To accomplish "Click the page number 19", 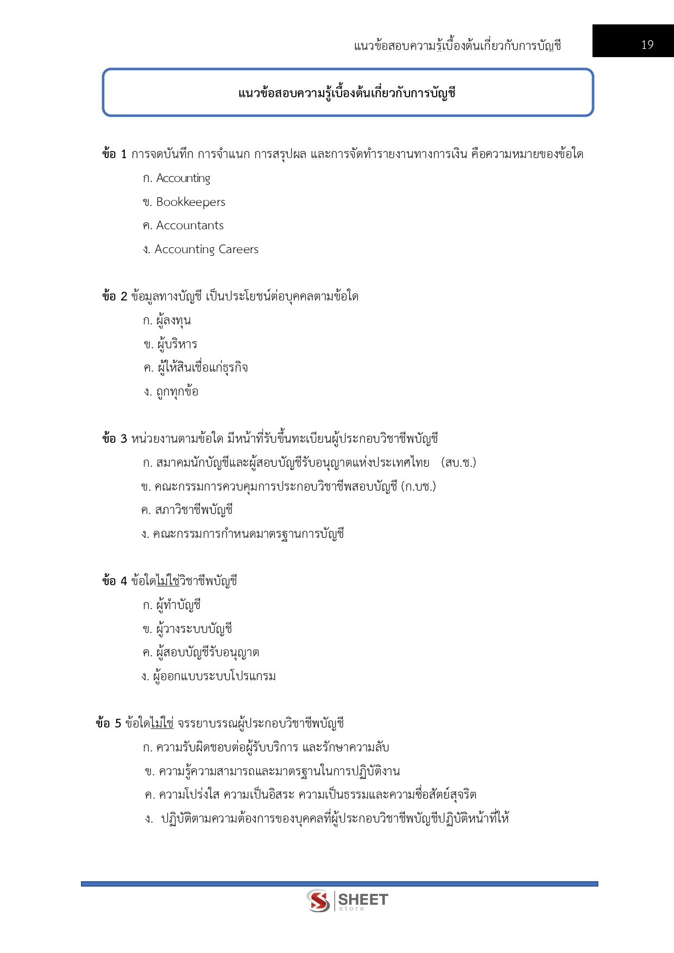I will pyautogui.click(x=647, y=45).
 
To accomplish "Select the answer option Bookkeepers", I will pyautogui.click(x=190, y=202).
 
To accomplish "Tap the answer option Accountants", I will pyautogui.click(x=190, y=225).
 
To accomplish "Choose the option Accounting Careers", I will pyautogui.click(x=206, y=249).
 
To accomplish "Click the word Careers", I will pyautogui.click(x=238, y=249).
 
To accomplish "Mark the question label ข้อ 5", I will pyautogui.click(x=108, y=724).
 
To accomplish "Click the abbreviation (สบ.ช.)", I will pyautogui.click(x=459, y=463).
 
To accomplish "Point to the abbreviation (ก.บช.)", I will pyautogui.click(x=419, y=486).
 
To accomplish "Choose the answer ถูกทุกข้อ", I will pyautogui.click(x=177, y=392).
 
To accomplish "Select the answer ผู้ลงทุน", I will pyautogui.click(x=173, y=321).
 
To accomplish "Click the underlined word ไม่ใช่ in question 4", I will pyautogui.click(x=168, y=581).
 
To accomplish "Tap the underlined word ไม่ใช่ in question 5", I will pyautogui.click(x=162, y=724).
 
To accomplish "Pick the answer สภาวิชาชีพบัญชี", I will pyautogui.click(x=194, y=510).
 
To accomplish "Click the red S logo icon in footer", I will pyautogui.click(x=318, y=900).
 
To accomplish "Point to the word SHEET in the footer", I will pyautogui.click(x=363, y=899).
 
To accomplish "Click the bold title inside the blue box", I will pyautogui.click(x=347, y=93).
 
